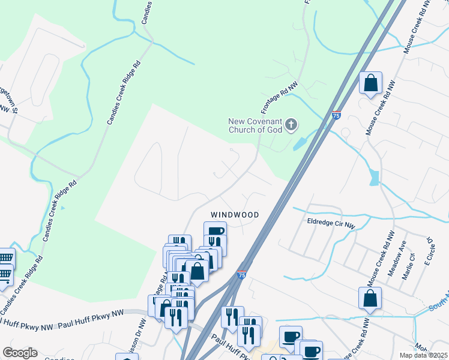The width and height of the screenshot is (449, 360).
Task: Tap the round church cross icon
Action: click(291, 125)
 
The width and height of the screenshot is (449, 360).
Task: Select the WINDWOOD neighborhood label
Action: click(235, 215)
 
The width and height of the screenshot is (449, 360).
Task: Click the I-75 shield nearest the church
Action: click(337, 115)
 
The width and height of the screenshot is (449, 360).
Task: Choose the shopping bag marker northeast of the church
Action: click(371, 83)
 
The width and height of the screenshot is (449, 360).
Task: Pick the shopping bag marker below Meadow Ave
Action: click(370, 299)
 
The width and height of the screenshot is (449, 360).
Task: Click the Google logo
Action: click(20, 353)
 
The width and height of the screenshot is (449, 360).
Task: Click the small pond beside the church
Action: click(298, 143)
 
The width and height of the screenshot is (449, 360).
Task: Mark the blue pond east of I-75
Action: click(375, 177)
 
